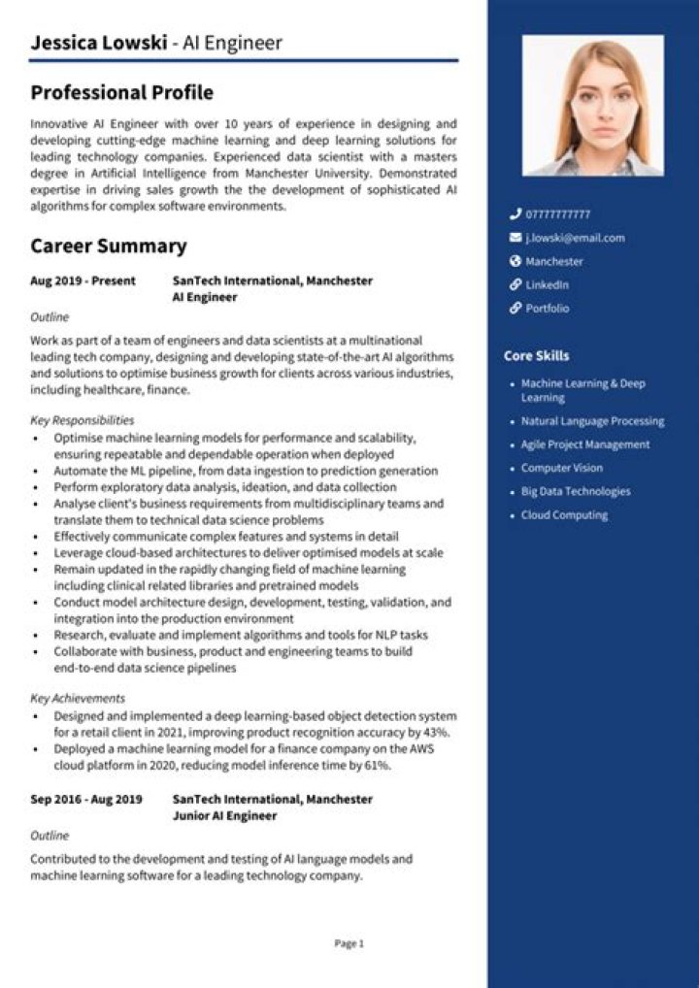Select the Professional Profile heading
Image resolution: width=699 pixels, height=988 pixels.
(x=121, y=93)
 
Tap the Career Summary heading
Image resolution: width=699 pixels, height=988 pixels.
(x=108, y=246)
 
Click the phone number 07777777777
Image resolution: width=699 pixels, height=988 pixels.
(x=557, y=214)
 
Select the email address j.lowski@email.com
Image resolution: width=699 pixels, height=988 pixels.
(x=575, y=238)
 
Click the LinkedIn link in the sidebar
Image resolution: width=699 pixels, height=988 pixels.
(x=547, y=285)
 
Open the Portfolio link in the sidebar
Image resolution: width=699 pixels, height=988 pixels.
(x=547, y=309)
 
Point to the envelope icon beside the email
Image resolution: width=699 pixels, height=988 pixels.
(x=515, y=238)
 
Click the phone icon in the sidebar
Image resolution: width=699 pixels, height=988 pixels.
(x=515, y=214)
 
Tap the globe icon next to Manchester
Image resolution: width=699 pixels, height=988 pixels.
(x=515, y=261)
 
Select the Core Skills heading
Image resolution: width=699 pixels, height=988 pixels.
(x=536, y=356)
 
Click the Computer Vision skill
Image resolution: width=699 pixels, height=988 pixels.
(x=561, y=468)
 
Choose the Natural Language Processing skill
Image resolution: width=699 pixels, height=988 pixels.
(x=592, y=421)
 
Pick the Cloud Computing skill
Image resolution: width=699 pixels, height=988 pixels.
(x=564, y=515)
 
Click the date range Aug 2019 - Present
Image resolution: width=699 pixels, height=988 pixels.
(x=83, y=280)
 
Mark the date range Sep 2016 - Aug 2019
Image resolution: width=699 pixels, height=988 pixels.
(x=85, y=799)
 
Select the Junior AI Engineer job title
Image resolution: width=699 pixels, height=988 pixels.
(x=223, y=816)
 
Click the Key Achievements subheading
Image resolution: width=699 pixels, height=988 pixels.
(x=77, y=698)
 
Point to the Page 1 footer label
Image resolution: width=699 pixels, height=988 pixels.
(x=349, y=943)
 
